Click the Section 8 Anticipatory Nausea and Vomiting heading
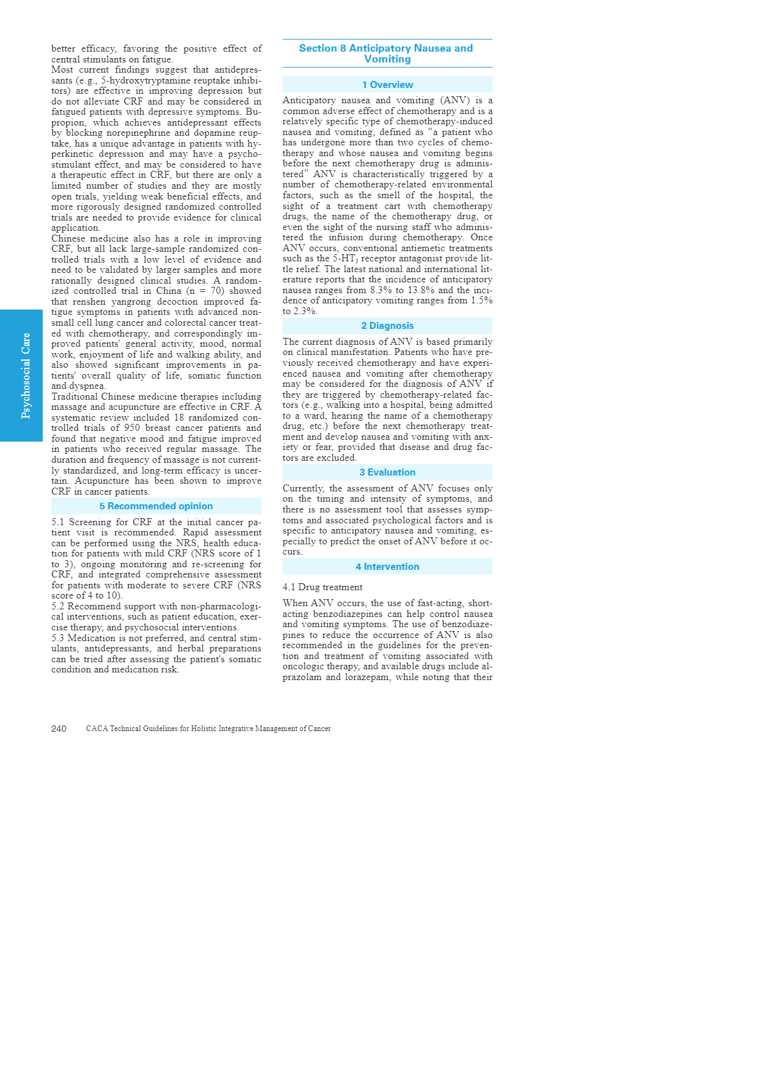point(387,54)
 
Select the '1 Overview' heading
point(387,85)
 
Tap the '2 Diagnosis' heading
point(387,326)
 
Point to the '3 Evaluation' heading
point(387,472)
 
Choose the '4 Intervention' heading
point(387,567)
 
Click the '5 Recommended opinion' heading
point(156,506)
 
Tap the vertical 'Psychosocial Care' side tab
point(26,375)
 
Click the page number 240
point(59,729)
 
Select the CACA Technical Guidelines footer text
point(208,729)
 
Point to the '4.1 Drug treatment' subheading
point(322,587)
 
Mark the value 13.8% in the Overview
point(420,290)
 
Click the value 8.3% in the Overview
point(381,290)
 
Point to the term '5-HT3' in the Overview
point(345,259)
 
